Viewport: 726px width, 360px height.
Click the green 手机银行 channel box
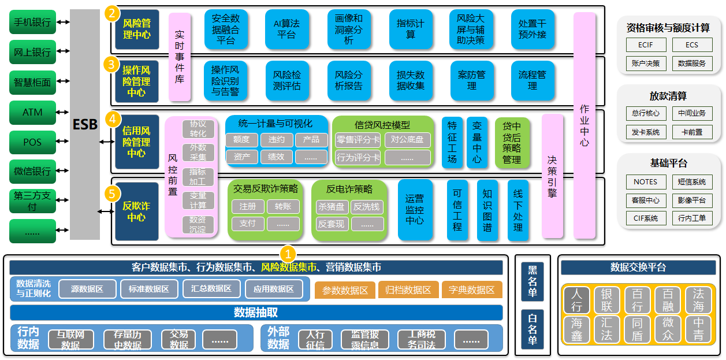pos(32,23)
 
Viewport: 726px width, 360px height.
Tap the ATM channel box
pos(32,112)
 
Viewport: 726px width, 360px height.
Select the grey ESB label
pos(85,124)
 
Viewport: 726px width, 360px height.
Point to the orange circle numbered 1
pos(288,253)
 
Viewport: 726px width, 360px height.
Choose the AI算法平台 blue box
pos(286,29)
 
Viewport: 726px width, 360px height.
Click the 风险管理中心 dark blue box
pos(137,29)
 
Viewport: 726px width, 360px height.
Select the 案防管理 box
pos(472,81)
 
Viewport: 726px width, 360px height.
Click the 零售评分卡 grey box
pos(358,140)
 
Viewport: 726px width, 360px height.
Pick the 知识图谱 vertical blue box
pos(487,210)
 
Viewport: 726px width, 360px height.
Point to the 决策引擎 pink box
pos(552,176)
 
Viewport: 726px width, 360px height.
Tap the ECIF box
pos(645,45)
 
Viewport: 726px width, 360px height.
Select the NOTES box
pos(645,181)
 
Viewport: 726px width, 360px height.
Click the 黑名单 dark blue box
pos(533,282)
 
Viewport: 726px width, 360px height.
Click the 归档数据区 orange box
pos(408,290)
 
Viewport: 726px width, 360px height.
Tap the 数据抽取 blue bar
pos(256,313)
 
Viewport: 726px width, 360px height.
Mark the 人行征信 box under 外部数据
pos(315,339)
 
